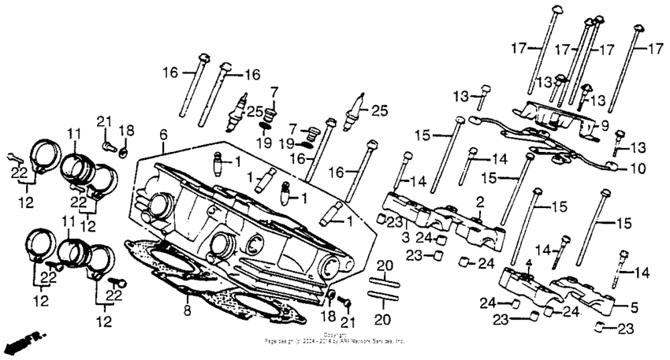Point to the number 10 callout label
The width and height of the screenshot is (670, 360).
(637, 169)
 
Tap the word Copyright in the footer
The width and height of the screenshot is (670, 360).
(334, 335)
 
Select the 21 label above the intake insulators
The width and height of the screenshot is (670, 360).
(101, 120)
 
